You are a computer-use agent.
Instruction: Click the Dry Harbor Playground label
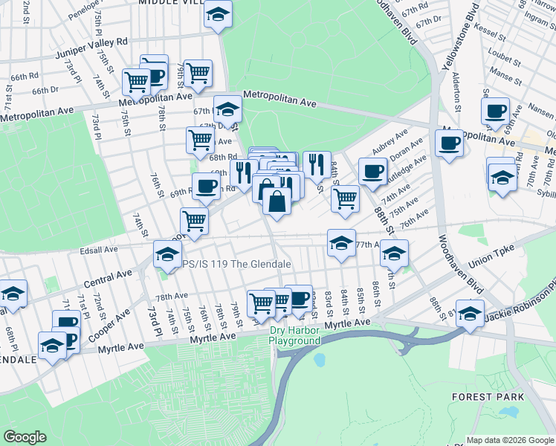click(295, 335)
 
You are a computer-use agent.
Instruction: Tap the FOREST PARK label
click(488, 397)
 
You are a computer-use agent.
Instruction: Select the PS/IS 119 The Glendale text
click(233, 264)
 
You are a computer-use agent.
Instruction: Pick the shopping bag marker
click(277, 201)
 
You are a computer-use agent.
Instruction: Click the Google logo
click(25, 437)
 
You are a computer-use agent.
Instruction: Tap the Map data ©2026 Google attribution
click(510, 440)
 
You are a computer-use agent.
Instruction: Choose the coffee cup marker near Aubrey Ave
click(372, 171)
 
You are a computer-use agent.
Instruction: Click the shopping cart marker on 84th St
click(344, 198)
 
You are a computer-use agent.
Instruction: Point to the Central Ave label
click(109, 279)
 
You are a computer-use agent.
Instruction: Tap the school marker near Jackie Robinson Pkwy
click(471, 312)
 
